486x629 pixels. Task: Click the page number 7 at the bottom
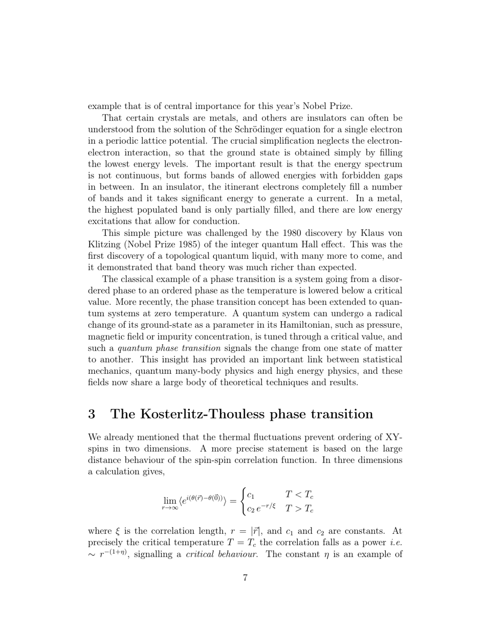[x=245, y=578]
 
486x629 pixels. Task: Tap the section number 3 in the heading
[x=92, y=414]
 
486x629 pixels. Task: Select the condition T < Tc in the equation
[x=299, y=495]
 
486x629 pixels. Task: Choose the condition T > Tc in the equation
[x=299, y=508]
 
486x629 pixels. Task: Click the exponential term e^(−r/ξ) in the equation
[x=266, y=508]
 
